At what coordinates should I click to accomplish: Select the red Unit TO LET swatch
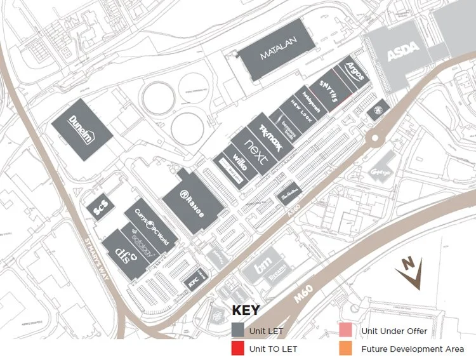pyautogui.click(x=238, y=348)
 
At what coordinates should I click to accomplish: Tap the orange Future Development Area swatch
pyautogui.click(x=345, y=348)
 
